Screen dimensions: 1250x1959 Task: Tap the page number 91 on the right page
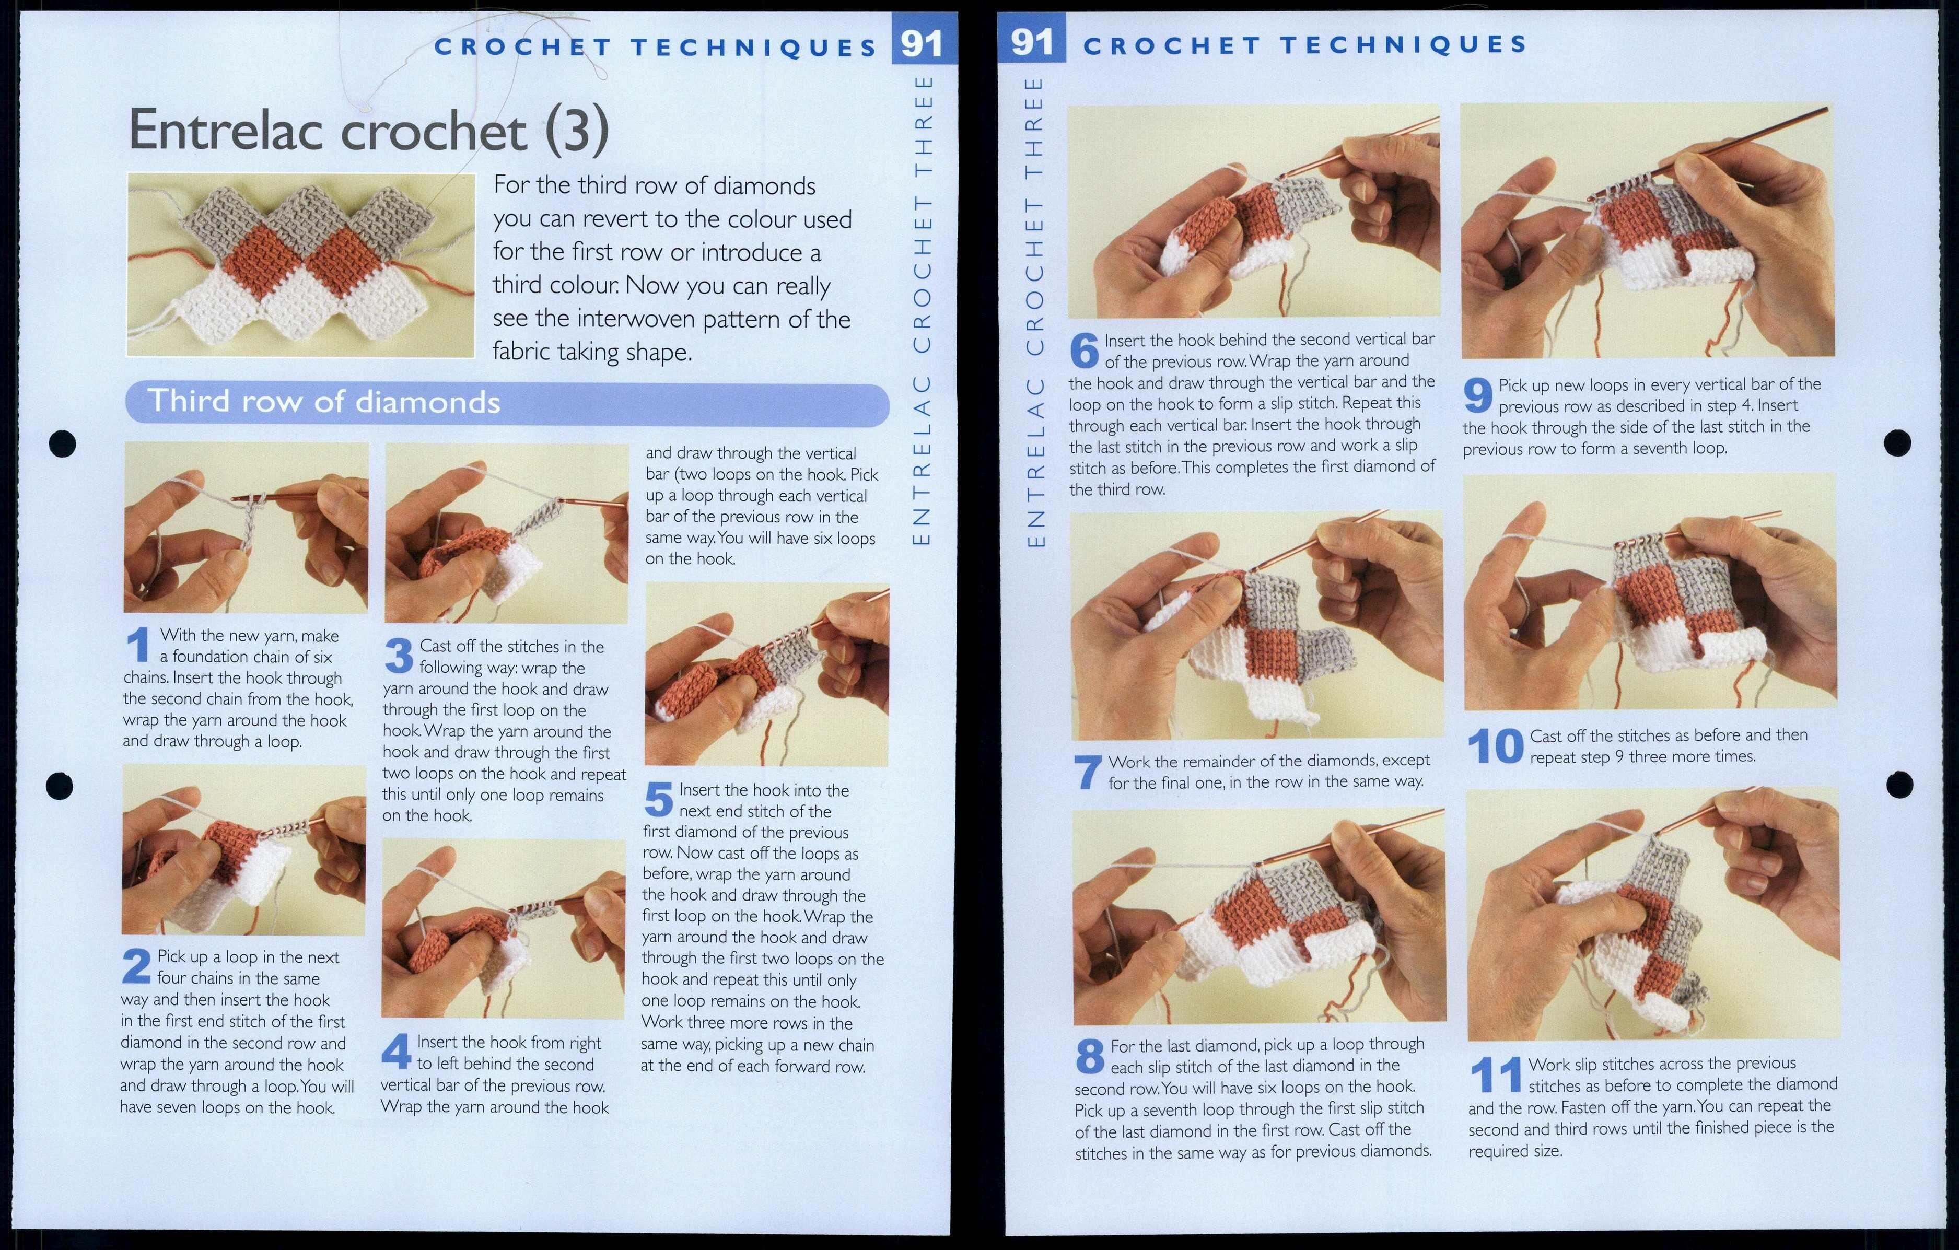(1032, 41)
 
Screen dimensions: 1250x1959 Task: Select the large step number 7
(1088, 773)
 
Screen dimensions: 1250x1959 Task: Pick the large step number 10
(1495, 746)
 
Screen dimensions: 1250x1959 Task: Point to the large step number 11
(1495, 1075)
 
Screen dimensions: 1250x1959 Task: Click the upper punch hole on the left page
(63, 443)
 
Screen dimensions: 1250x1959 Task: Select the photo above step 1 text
(246, 527)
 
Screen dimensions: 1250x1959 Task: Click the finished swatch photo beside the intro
(301, 265)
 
